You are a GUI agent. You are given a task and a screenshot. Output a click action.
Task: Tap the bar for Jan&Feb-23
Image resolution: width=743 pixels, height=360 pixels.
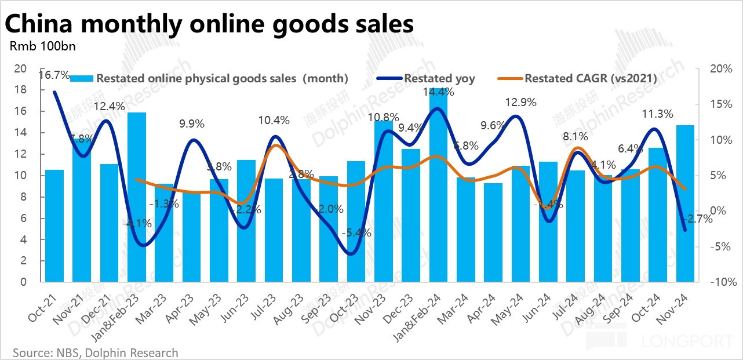click(x=137, y=197)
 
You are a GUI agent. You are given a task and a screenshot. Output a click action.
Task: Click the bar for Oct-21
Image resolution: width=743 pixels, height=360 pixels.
click(x=54, y=226)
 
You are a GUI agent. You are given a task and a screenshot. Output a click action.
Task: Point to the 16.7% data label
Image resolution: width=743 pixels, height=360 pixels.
click(x=54, y=75)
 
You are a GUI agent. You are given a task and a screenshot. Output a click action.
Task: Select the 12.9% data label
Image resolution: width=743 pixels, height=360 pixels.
click(x=520, y=102)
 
